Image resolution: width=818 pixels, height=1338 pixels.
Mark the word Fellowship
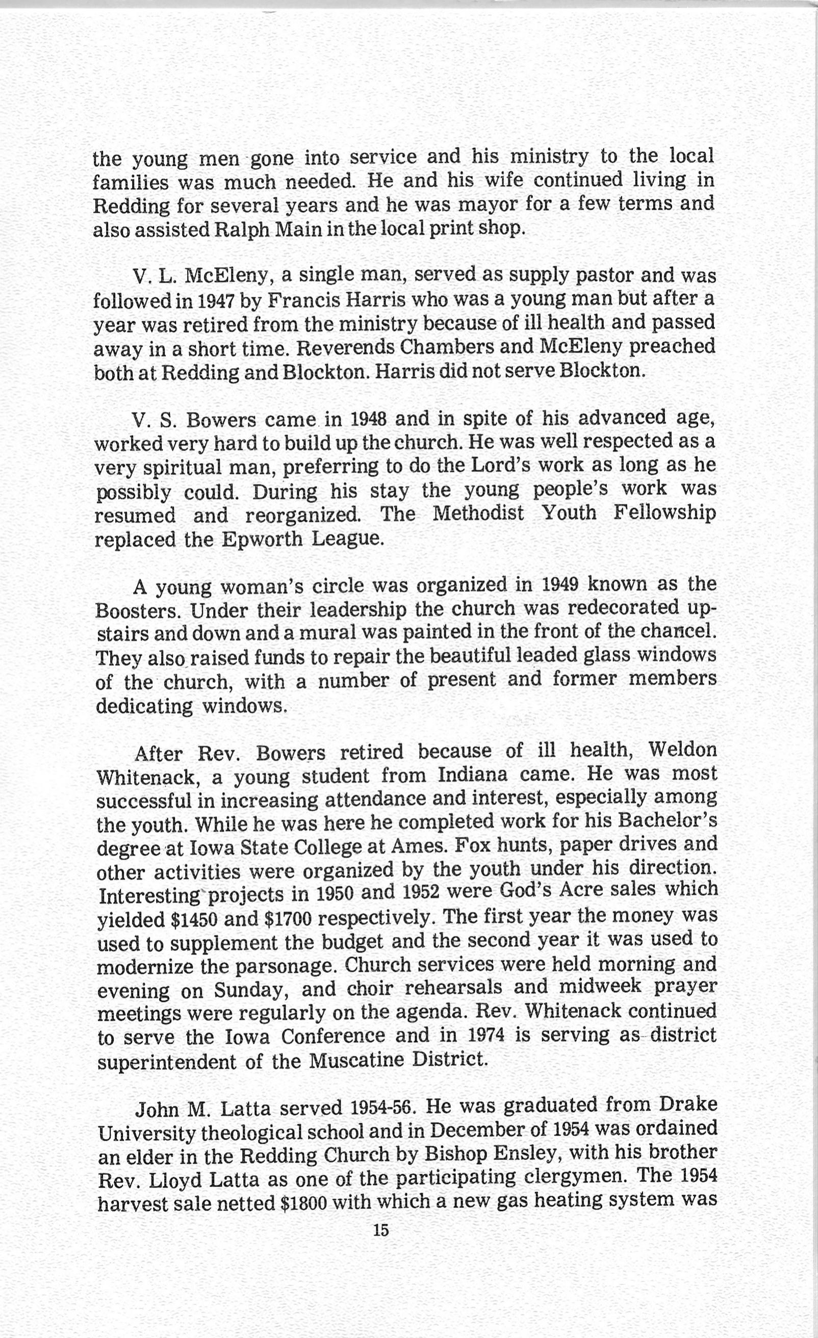(x=665, y=513)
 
